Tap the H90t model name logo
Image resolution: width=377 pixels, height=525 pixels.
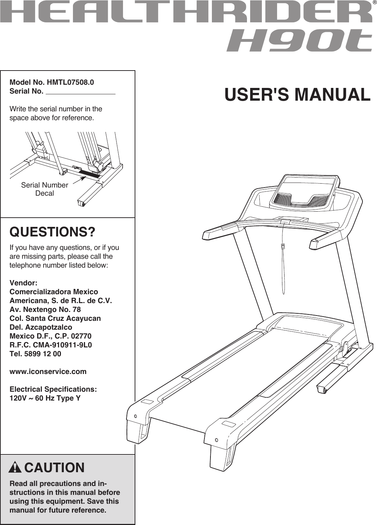click(x=299, y=40)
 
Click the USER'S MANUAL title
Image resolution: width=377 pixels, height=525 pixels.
click(x=297, y=95)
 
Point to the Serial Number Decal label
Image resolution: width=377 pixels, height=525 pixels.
click(x=45, y=189)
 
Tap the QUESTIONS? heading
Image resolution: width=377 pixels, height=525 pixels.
click(x=52, y=232)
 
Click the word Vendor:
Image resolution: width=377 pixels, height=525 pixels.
click(x=23, y=283)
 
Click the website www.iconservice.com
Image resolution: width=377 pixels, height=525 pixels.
click(x=48, y=372)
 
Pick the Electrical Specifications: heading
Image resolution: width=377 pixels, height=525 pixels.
click(x=53, y=389)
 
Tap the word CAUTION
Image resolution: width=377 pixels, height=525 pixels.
click(x=54, y=468)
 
